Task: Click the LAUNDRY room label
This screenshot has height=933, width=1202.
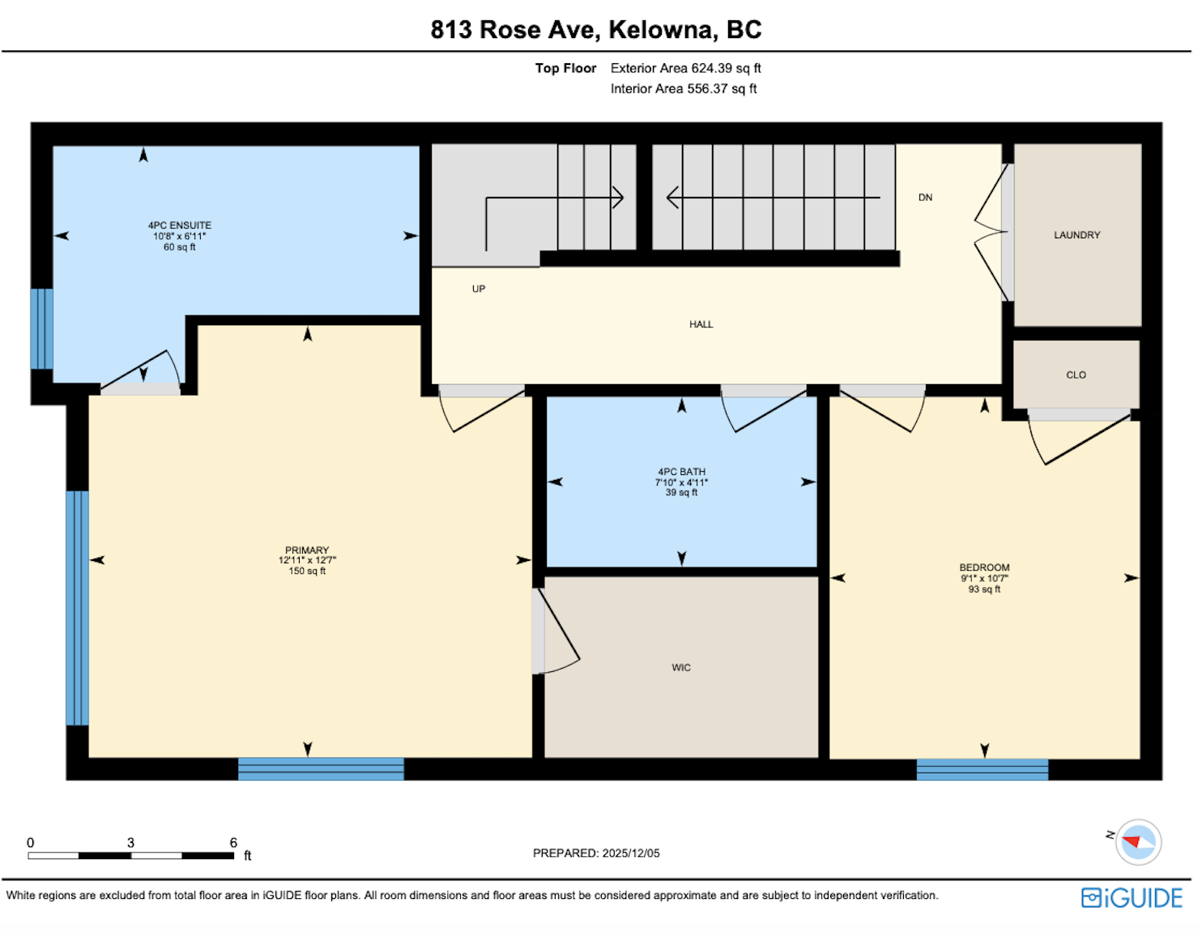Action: [x=1076, y=235]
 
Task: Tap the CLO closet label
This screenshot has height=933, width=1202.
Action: [x=1076, y=375]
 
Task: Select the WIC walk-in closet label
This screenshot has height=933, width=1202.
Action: [x=681, y=668]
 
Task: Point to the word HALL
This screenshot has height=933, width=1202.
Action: [x=701, y=324]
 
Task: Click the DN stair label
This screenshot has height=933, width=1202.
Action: [x=925, y=198]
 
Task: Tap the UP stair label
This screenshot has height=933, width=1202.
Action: [x=479, y=289]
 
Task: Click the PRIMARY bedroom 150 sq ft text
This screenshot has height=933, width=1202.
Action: [x=307, y=571]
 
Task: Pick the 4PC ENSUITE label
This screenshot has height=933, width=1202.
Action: [x=179, y=226]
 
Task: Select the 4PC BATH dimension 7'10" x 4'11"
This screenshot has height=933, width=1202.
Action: [x=681, y=482]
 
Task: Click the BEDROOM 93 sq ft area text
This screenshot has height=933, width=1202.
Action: [x=984, y=589]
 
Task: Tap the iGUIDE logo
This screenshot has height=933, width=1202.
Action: [x=1132, y=898]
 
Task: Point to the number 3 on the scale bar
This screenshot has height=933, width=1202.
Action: [x=130, y=843]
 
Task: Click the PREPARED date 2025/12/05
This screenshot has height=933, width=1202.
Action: [x=631, y=854]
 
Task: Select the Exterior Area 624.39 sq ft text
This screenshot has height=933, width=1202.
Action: [x=685, y=69]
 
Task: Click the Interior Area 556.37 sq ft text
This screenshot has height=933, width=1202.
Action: [x=683, y=89]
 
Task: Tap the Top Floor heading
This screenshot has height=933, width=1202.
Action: [x=565, y=69]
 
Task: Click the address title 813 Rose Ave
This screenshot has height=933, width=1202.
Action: [x=515, y=30]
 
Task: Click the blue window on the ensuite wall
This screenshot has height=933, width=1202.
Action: [x=42, y=329]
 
